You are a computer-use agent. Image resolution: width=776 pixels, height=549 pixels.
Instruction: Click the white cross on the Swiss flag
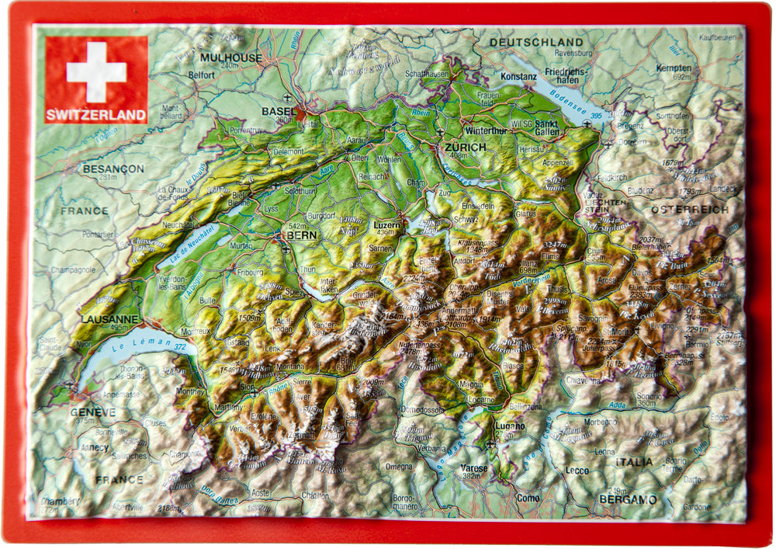point(96,71)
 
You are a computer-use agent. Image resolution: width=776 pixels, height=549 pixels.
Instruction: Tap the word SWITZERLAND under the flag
point(95,116)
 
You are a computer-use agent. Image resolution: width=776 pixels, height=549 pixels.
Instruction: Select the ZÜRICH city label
point(465,147)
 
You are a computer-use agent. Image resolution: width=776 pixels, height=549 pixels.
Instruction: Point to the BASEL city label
point(279,111)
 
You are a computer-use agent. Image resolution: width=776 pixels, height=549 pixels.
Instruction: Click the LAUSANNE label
point(109,319)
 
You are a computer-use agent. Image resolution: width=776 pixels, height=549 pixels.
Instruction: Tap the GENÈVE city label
point(92,412)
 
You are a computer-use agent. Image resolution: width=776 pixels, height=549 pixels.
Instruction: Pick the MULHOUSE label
point(230,57)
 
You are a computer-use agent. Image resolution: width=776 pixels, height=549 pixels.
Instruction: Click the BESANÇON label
point(113,169)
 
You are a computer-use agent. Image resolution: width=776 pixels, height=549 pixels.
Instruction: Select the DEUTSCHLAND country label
point(536,41)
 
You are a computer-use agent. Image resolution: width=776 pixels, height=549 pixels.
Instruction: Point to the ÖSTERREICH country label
point(690,210)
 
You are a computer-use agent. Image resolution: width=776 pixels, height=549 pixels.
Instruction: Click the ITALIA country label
point(634,462)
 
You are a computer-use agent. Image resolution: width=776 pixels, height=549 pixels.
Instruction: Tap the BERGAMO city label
point(628,499)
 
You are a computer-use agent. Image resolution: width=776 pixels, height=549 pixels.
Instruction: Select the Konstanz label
point(518,77)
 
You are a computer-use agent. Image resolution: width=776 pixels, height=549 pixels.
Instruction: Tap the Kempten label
point(673,68)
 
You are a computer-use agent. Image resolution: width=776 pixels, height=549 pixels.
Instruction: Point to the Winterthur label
point(485,130)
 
